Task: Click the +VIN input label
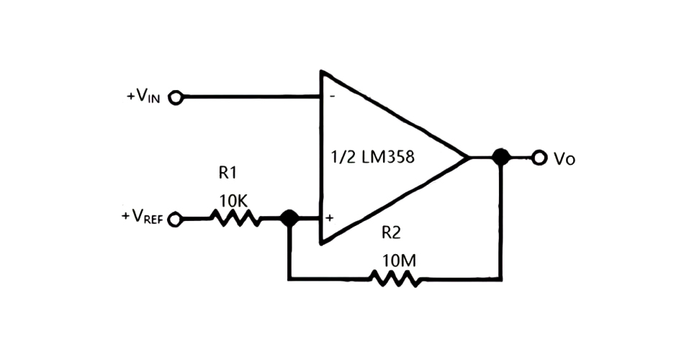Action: pyautogui.click(x=146, y=96)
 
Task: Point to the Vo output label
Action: pyautogui.click(x=564, y=158)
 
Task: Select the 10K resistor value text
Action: pyautogui.click(x=233, y=201)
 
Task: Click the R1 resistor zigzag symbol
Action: pyautogui.click(x=235, y=217)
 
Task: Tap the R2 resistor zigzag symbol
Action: pyautogui.click(x=394, y=277)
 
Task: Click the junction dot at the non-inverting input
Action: pyautogui.click(x=289, y=217)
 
